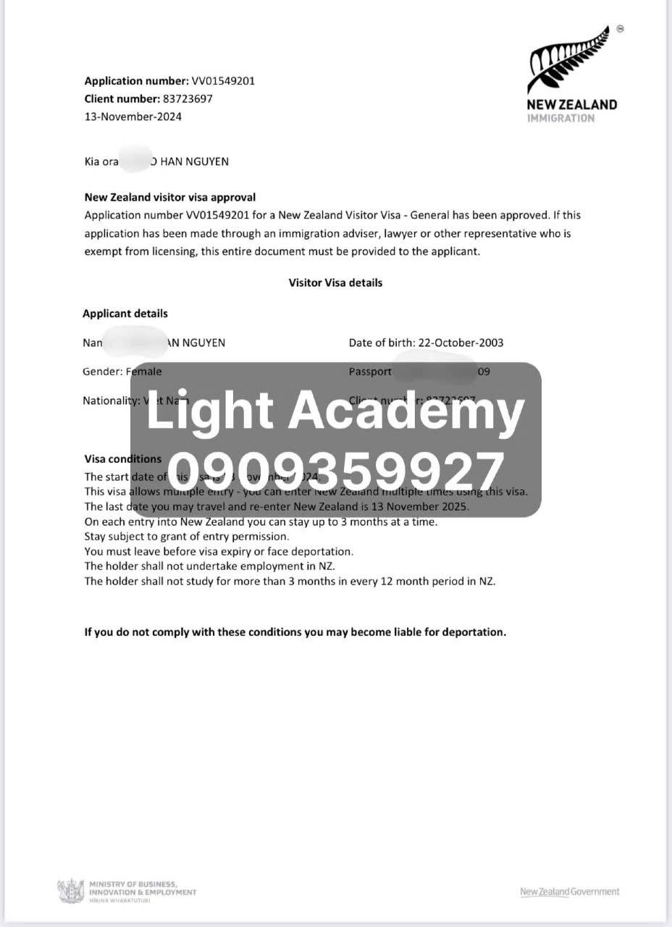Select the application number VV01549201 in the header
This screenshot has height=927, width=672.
click(x=222, y=81)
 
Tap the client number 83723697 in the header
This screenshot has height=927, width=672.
click(x=187, y=98)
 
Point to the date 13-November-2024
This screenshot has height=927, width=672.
click(x=133, y=117)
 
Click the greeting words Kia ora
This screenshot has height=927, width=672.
click(x=101, y=162)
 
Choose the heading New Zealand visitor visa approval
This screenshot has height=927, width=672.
click(x=170, y=197)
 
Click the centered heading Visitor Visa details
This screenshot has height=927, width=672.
click(x=335, y=282)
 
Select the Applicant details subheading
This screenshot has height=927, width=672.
click(x=125, y=314)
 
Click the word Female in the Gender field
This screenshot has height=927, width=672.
click(x=144, y=372)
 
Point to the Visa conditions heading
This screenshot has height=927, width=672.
click(x=123, y=459)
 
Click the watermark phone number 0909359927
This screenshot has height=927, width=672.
click(x=336, y=471)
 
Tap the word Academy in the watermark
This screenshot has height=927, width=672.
click(x=407, y=410)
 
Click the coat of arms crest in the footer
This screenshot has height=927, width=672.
click(x=70, y=891)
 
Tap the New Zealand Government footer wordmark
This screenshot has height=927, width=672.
click(x=570, y=892)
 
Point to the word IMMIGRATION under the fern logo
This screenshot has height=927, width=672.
click(x=560, y=118)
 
